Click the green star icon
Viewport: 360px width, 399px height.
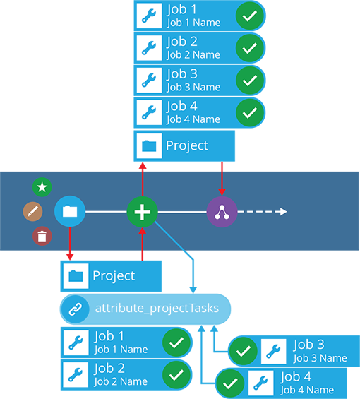[42, 187]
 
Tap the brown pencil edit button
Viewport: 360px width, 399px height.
[32, 211]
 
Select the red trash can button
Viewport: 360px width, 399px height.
[42, 236]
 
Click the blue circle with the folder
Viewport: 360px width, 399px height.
[70, 211]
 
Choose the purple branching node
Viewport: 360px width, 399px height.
[222, 212]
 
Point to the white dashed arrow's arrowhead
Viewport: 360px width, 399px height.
[284, 211]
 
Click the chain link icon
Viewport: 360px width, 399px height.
[76, 309]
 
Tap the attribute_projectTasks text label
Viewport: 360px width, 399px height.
[157, 309]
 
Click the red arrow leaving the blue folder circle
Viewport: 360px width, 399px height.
[70, 244]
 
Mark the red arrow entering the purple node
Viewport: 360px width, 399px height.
[222, 179]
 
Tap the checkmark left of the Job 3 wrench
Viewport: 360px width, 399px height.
[243, 352]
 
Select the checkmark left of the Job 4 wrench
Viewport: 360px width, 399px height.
[230, 383]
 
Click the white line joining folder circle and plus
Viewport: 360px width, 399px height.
[106, 211]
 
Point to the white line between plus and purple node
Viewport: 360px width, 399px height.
[182, 212]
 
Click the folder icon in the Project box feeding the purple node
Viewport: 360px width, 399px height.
[149, 146]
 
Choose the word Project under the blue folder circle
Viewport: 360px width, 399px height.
[114, 276]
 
